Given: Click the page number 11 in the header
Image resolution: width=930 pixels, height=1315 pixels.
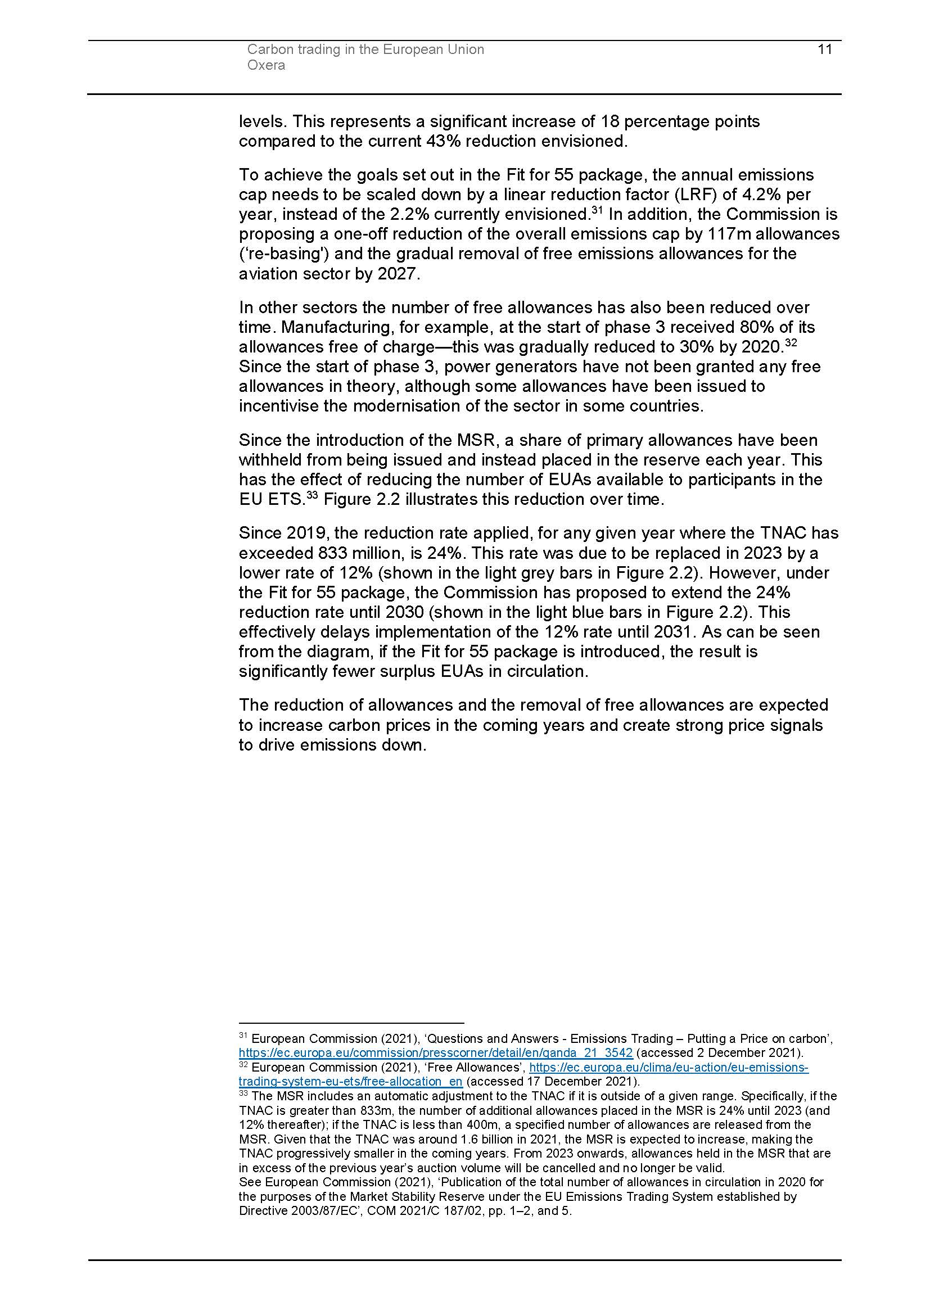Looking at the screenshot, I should [825, 50].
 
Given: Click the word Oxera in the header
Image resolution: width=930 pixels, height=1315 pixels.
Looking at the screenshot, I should [266, 65].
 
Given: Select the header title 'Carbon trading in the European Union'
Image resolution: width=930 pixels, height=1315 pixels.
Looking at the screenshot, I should [365, 50].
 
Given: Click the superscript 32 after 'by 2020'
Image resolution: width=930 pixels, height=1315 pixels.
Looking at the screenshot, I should [791, 343].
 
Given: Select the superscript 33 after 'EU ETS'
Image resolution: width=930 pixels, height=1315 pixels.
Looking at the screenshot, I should [312, 495].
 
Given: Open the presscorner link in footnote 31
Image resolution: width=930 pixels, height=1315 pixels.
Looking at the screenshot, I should [435, 1052].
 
